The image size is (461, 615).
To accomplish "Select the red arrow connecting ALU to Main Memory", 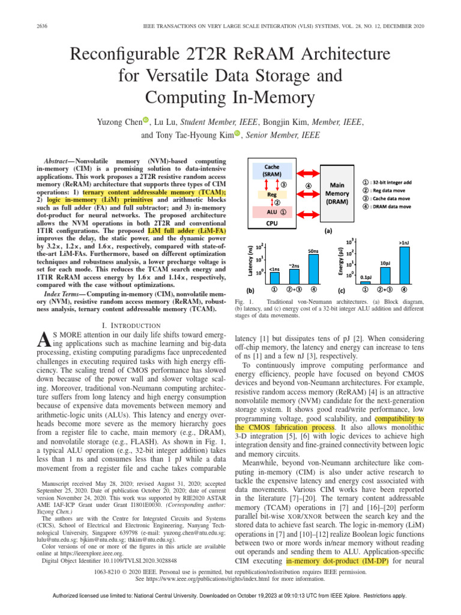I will click(x=307, y=211).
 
